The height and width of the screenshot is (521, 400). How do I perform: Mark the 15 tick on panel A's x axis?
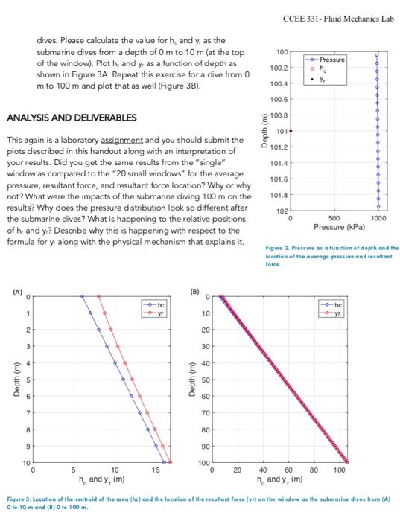(x=154, y=470)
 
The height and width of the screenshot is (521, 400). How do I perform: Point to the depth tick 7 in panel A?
(x=27, y=412)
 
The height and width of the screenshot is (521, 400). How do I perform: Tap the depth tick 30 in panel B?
(x=206, y=346)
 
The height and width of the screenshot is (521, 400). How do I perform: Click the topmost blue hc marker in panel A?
(x=83, y=295)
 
